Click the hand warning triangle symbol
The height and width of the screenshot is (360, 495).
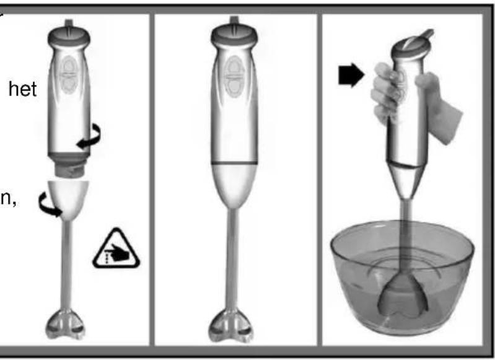(116, 250)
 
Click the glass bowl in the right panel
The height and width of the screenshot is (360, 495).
(401, 273)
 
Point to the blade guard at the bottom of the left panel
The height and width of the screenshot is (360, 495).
(69, 323)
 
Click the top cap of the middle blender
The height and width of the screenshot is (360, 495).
(234, 33)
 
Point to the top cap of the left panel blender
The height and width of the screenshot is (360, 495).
(69, 32)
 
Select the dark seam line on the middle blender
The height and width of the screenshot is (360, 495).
(234, 162)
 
